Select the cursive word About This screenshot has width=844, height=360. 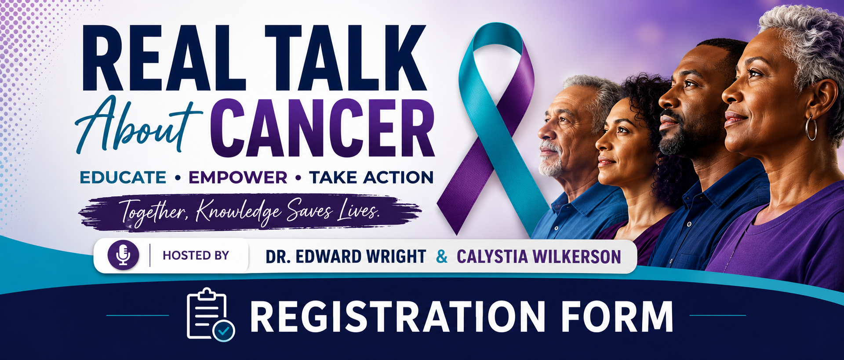(138, 124)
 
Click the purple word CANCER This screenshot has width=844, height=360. (322, 127)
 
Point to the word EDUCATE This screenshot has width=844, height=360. (123, 178)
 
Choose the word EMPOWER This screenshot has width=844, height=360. (238, 178)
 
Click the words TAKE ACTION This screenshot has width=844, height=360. (371, 178)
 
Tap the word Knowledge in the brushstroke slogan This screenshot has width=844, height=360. (238, 212)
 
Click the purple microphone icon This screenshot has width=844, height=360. (124, 255)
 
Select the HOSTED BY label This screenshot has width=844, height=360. (196, 255)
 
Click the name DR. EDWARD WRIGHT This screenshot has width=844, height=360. (346, 257)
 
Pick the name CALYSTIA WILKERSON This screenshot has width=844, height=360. (539, 257)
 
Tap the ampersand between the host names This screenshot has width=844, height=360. (442, 256)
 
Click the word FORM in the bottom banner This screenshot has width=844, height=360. (617, 316)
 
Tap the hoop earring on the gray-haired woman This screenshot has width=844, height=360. (811, 128)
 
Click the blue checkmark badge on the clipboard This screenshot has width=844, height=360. (224, 331)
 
